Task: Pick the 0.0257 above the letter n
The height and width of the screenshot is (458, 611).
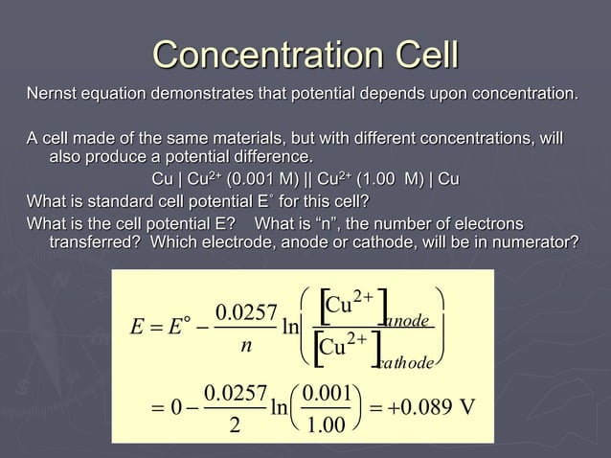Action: point(246,313)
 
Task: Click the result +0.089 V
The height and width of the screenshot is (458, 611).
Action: point(432,409)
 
